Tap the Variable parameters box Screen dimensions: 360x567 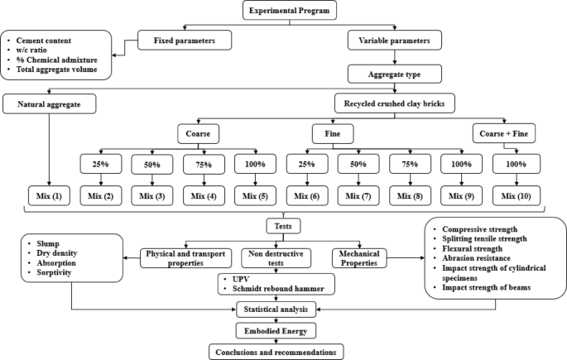(400, 39)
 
